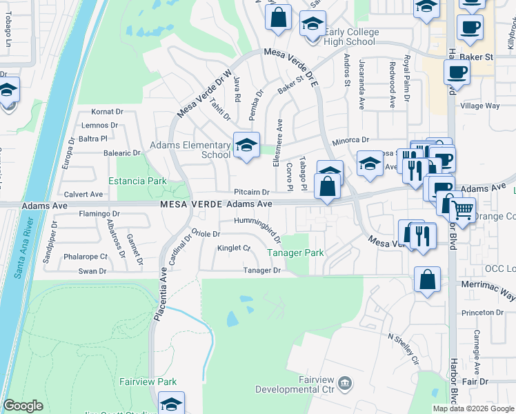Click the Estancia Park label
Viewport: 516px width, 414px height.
point(138,181)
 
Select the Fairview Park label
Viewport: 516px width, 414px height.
point(148,382)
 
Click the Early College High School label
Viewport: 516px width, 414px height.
point(348,37)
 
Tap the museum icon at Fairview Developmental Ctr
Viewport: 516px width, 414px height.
point(346,382)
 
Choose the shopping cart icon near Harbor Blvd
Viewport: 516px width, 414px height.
point(463,208)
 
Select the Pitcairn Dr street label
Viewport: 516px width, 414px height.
point(251,193)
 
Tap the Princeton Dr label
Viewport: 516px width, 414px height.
point(483,313)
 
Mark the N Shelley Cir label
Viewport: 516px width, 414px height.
point(404,348)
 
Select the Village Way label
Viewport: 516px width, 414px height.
point(480,106)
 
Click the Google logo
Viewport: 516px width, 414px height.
point(23,406)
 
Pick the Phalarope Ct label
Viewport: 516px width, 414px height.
point(86,257)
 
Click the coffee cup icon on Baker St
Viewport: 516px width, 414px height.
point(456,72)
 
